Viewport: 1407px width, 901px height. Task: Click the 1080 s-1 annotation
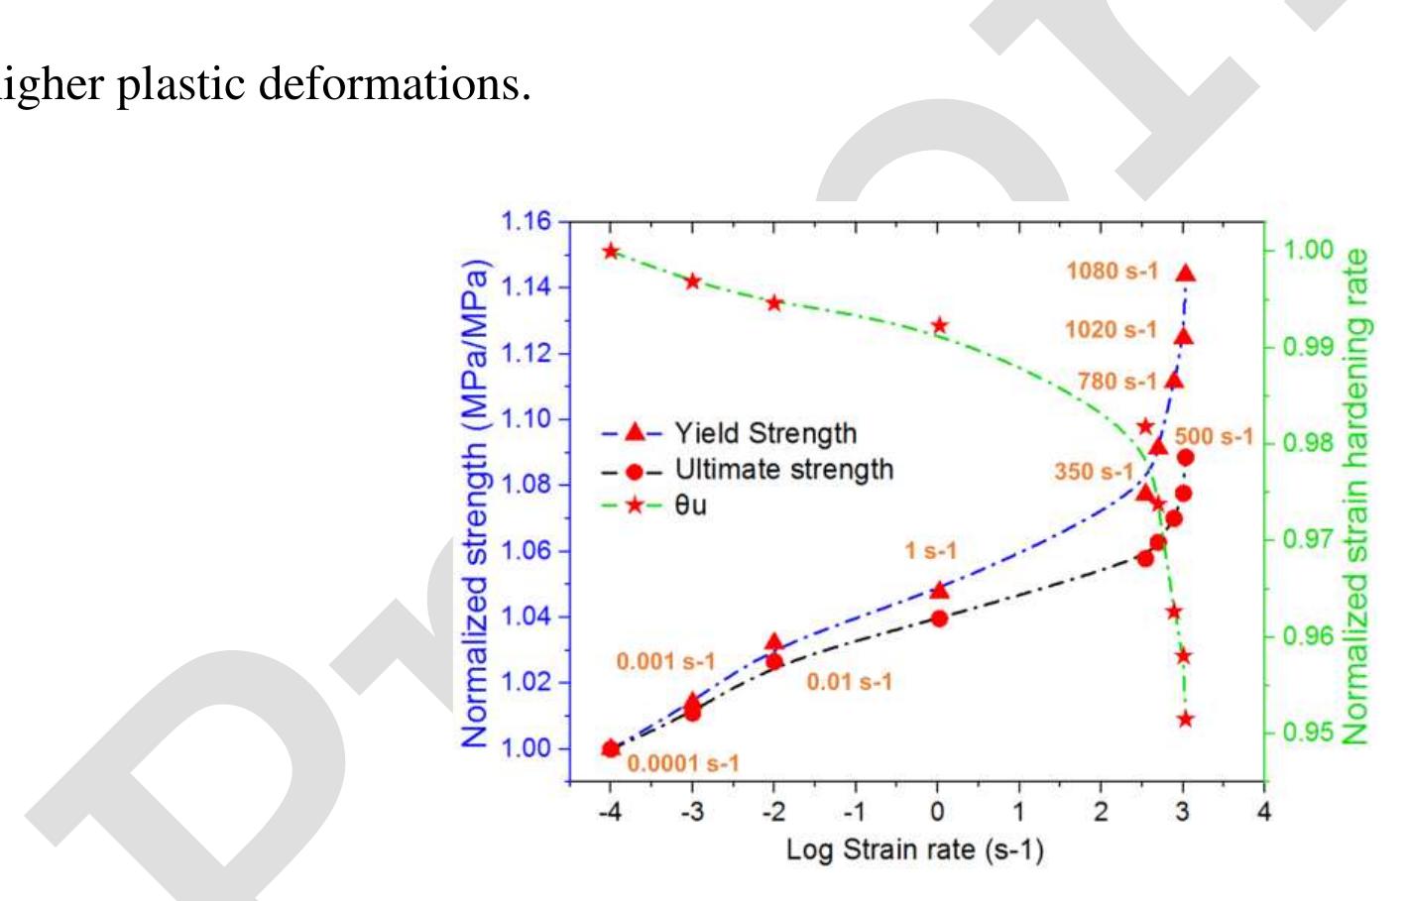pos(1112,270)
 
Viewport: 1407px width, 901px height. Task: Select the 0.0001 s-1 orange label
pos(682,763)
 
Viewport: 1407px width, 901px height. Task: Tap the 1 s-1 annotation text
pos(930,551)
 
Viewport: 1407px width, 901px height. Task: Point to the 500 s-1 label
pos(1214,436)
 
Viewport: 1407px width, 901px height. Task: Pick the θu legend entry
pos(690,506)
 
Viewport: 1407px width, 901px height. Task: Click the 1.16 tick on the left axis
pos(528,221)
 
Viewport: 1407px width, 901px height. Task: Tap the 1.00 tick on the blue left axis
pos(528,748)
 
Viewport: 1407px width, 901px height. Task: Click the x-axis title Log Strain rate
pos(914,850)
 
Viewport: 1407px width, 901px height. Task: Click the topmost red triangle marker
pos(1186,274)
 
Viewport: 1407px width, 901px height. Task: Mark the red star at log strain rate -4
pos(611,251)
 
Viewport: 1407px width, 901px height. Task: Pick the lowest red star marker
pos(1185,719)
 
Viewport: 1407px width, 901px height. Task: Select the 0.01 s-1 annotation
pos(849,682)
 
